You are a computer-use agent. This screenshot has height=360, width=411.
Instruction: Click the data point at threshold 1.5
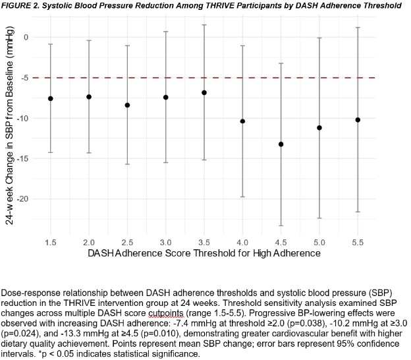pos(51,98)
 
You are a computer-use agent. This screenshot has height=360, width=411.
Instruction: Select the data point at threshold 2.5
pos(127,105)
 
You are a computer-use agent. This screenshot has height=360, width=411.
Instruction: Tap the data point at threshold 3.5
pos(204,92)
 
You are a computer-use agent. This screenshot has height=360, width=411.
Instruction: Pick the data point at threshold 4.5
pos(281,144)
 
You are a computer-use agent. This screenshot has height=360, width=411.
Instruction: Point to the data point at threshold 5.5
pos(358,120)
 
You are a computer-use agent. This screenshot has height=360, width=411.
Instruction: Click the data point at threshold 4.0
pos(242,121)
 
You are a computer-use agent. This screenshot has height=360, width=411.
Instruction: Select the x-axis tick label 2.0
pos(89,241)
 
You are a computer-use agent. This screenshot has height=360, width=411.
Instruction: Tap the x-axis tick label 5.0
pos(319,241)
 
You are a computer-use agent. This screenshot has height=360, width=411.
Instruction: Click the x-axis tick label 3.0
pos(166,241)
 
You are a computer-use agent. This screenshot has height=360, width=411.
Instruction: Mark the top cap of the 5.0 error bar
pos(319,38)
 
